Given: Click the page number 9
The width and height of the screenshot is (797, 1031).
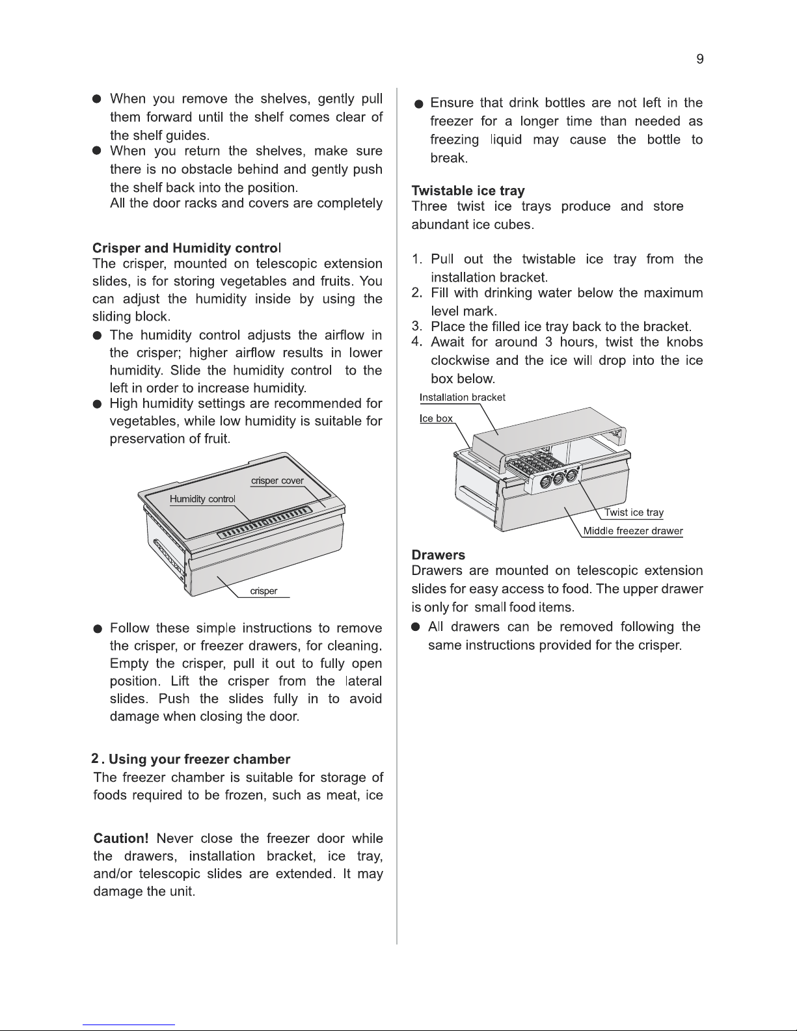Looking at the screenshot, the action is pos(700,59).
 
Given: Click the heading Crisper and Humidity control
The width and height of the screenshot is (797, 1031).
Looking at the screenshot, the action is pos(187,248).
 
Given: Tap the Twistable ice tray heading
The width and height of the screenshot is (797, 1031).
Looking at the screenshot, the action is pos(468,191).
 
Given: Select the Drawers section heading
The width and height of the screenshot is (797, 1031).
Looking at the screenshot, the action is pos(439,555).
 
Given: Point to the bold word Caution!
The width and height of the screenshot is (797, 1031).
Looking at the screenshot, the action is pos(121,838).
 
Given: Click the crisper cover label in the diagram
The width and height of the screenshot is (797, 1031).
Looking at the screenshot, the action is pos(277,481).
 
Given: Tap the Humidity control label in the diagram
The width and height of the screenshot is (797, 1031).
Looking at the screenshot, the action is pos(202,499).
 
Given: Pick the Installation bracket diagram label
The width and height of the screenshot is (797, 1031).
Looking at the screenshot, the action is pos(463,397).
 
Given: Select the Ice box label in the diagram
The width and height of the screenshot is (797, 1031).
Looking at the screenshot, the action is pos(437,418).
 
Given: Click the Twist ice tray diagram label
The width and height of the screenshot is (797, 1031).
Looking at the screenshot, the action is pos(634,513).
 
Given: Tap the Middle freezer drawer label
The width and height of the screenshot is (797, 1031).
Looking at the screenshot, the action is pos(633,531).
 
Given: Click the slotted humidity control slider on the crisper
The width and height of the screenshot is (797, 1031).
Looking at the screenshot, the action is pos(265,522).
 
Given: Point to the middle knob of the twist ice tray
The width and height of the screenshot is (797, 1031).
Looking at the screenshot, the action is pos(558,478).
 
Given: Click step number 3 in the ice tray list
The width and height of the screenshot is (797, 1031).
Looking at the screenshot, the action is pos(416,327).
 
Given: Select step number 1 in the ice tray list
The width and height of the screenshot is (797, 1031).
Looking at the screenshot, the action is pos(416,259).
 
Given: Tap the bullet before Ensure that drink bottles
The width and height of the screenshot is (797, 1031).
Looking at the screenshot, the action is pos(418,104).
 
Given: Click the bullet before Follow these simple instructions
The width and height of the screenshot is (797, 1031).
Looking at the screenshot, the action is pos(98,629).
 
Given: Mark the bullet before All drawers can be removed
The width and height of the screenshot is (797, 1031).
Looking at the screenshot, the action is pos(416,627).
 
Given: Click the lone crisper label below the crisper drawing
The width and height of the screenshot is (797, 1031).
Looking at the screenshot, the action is pos(263,591).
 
